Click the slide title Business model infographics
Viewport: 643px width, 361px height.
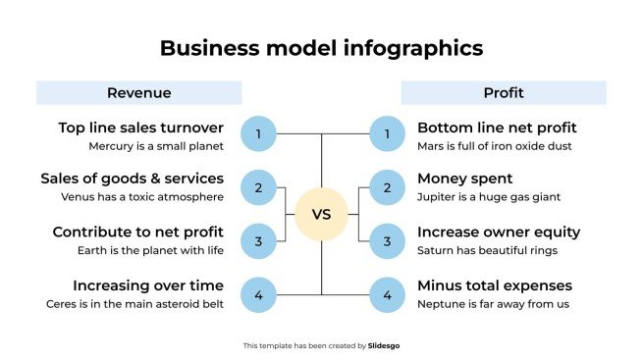pos(321,47)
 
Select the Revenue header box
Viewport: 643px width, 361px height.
pos(138,93)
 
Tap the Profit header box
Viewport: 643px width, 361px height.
pos(503,93)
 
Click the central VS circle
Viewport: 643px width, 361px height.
pos(321,214)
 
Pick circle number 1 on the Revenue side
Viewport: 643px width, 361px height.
pos(258,133)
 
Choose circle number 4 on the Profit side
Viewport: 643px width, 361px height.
pos(387,294)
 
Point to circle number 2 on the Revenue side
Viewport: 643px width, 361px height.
pos(258,187)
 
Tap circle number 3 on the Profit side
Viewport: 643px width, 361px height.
pos(387,240)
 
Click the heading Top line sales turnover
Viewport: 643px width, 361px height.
pos(140,128)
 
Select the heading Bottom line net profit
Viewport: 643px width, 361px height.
pos(497,128)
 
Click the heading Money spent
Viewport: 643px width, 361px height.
pos(464,180)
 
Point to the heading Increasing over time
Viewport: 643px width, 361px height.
pos(148,285)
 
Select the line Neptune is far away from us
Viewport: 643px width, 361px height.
pos(493,304)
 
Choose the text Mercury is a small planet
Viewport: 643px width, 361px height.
pos(156,146)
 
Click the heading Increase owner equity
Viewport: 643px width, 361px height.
pos(498,232)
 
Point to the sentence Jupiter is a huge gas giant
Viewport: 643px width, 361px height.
pos(489,197)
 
